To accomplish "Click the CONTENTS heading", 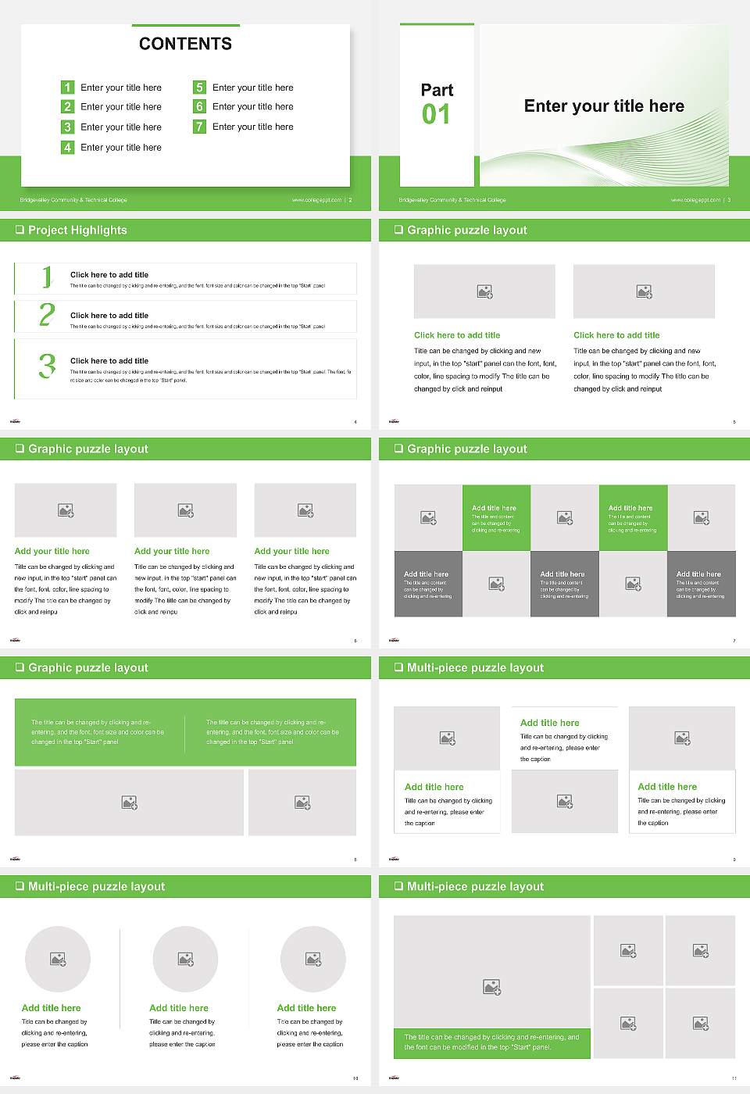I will (x=185, y=44).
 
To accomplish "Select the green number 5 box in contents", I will (x=200, y=88).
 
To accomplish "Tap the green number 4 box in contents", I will (x=68, y=147).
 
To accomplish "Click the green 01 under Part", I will (x=436, y=115).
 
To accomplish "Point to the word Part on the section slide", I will (x=437, y=90).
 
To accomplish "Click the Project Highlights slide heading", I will (x=77, y=230).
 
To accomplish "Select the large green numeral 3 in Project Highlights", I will (x=47, y=366).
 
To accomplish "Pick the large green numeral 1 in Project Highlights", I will (x=47, y=277).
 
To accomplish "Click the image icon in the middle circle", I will (x=185, y=959).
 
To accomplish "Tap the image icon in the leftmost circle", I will (x=58, y=959).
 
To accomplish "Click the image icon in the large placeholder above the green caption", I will (x=491, y=988).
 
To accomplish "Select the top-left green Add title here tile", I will (x=496, y=517).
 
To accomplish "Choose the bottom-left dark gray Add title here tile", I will (x=428, y=584).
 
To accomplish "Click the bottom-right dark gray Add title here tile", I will (x=701, y=584).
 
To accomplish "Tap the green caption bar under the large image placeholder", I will (x=491, y=1042).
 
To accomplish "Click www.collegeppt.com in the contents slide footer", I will (x=316, y=200).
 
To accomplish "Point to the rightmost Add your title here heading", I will (x=291, y=551).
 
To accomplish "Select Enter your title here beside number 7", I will (x=252, y=127).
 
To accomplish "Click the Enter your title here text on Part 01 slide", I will (x=604, y=106).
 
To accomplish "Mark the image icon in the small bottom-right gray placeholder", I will (x=701, y=1023).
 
